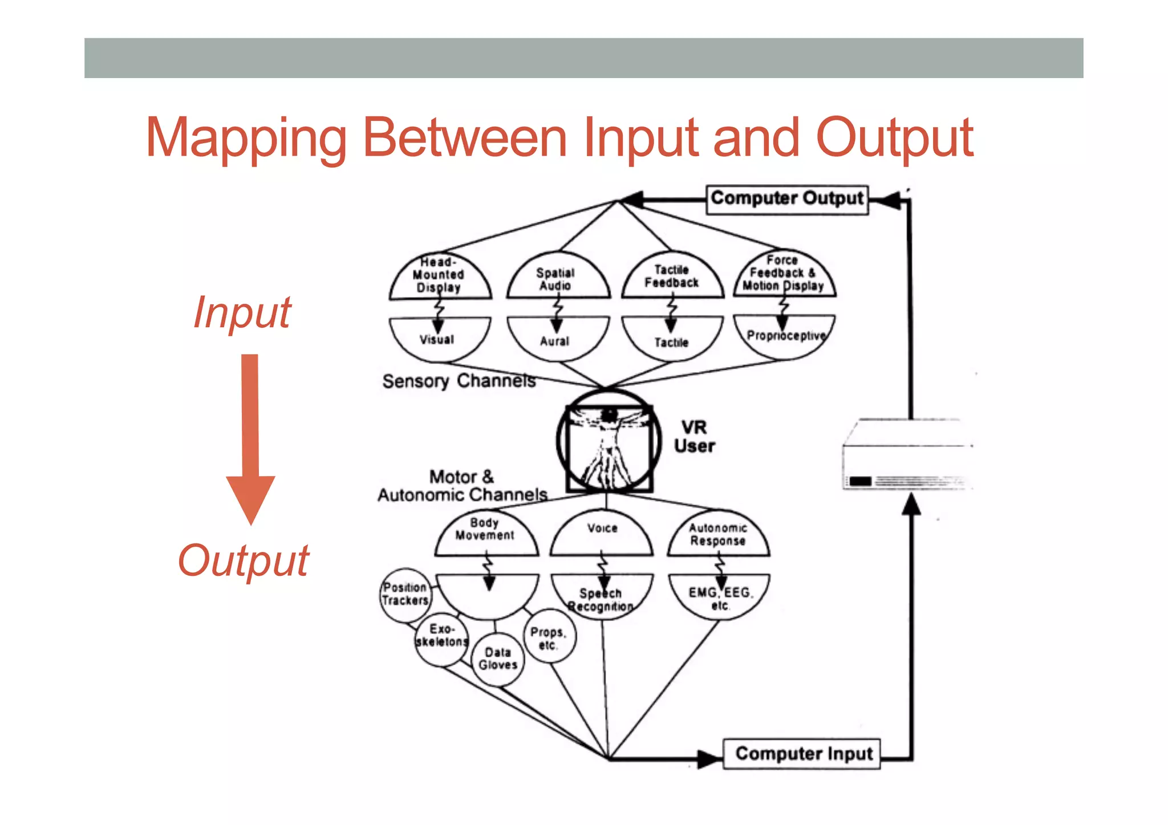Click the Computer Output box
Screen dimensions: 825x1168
tap(786, 199)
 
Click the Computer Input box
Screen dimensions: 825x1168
tap(802, 754)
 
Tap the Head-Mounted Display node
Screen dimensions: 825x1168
tap(439, 277)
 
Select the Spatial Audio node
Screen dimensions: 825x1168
tap(557, 278)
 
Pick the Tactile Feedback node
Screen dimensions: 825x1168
tap(672, 277)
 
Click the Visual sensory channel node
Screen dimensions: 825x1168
tap(438, 340)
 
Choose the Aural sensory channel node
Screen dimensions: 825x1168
tap(555, 341)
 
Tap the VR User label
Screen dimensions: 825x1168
tap(694, 437)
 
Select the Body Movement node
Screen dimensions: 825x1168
tap(485, 533)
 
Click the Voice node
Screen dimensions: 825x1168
tap(602, 533)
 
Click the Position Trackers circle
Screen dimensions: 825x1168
tap(405, 594)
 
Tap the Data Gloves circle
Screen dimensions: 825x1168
tap(498, 659)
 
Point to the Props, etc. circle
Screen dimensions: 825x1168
tap(548, 638)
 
